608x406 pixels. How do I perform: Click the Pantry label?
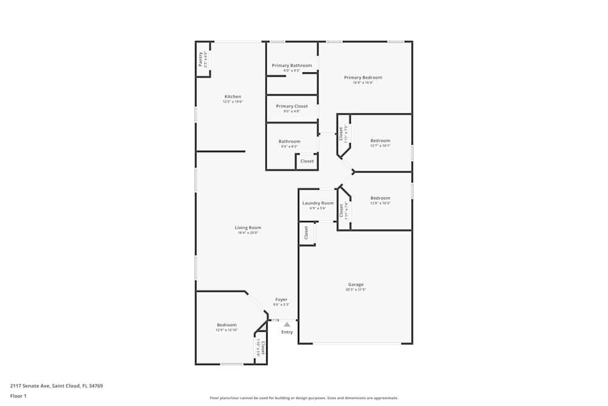201,59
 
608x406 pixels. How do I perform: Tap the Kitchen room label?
233,97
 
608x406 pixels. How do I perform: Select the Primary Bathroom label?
292,66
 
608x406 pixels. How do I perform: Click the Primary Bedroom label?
363,77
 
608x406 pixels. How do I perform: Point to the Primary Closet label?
292,106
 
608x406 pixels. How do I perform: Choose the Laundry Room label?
318,203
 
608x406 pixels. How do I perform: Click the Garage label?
356,284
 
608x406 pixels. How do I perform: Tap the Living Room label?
248,228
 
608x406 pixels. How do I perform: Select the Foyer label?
281,299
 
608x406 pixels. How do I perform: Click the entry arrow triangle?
287,324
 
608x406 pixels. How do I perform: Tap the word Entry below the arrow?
287,332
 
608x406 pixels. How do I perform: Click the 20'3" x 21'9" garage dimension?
356,290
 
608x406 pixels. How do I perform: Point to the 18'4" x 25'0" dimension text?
248,233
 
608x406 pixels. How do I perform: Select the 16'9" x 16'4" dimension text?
363,83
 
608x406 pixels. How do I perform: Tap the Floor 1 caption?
18,396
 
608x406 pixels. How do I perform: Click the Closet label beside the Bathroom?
307,161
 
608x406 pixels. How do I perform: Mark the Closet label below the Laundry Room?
306,233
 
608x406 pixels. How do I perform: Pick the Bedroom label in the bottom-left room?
227,325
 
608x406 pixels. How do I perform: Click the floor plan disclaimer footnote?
304,398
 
